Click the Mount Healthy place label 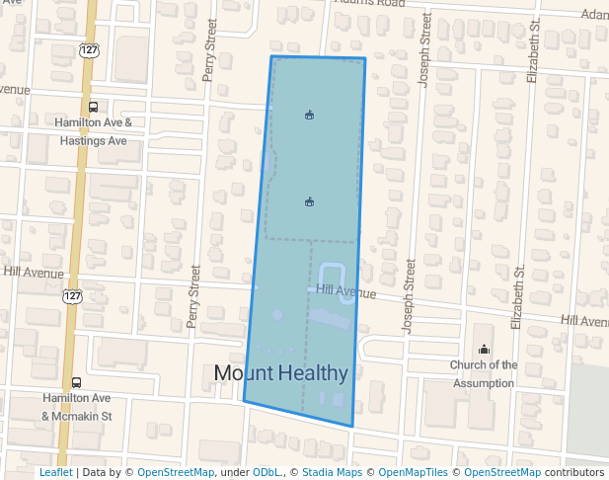click(x=281, y=373)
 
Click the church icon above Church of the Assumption click(x=484, y=349)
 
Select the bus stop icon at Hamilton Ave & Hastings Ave click(x=93, y=107)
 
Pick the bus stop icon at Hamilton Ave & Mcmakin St click(x=77, y=382)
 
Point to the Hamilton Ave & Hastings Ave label click(x=93, y=131)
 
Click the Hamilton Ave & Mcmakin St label click(x=77, y=407)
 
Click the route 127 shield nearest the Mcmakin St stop click(x=72, y=295)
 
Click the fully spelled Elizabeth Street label click(x=516, y=297)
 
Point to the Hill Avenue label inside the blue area click(x=346, y=292)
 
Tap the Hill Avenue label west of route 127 click(x=33, y=271)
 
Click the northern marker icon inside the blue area click(x=309, y=116)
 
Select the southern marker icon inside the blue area click(x=309, y=202)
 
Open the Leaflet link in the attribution click(x=55, y=473)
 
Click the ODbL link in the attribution click(x=266, y=473)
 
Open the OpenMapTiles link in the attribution click(x=414, y=473)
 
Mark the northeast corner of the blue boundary click(x=364, y=58)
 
